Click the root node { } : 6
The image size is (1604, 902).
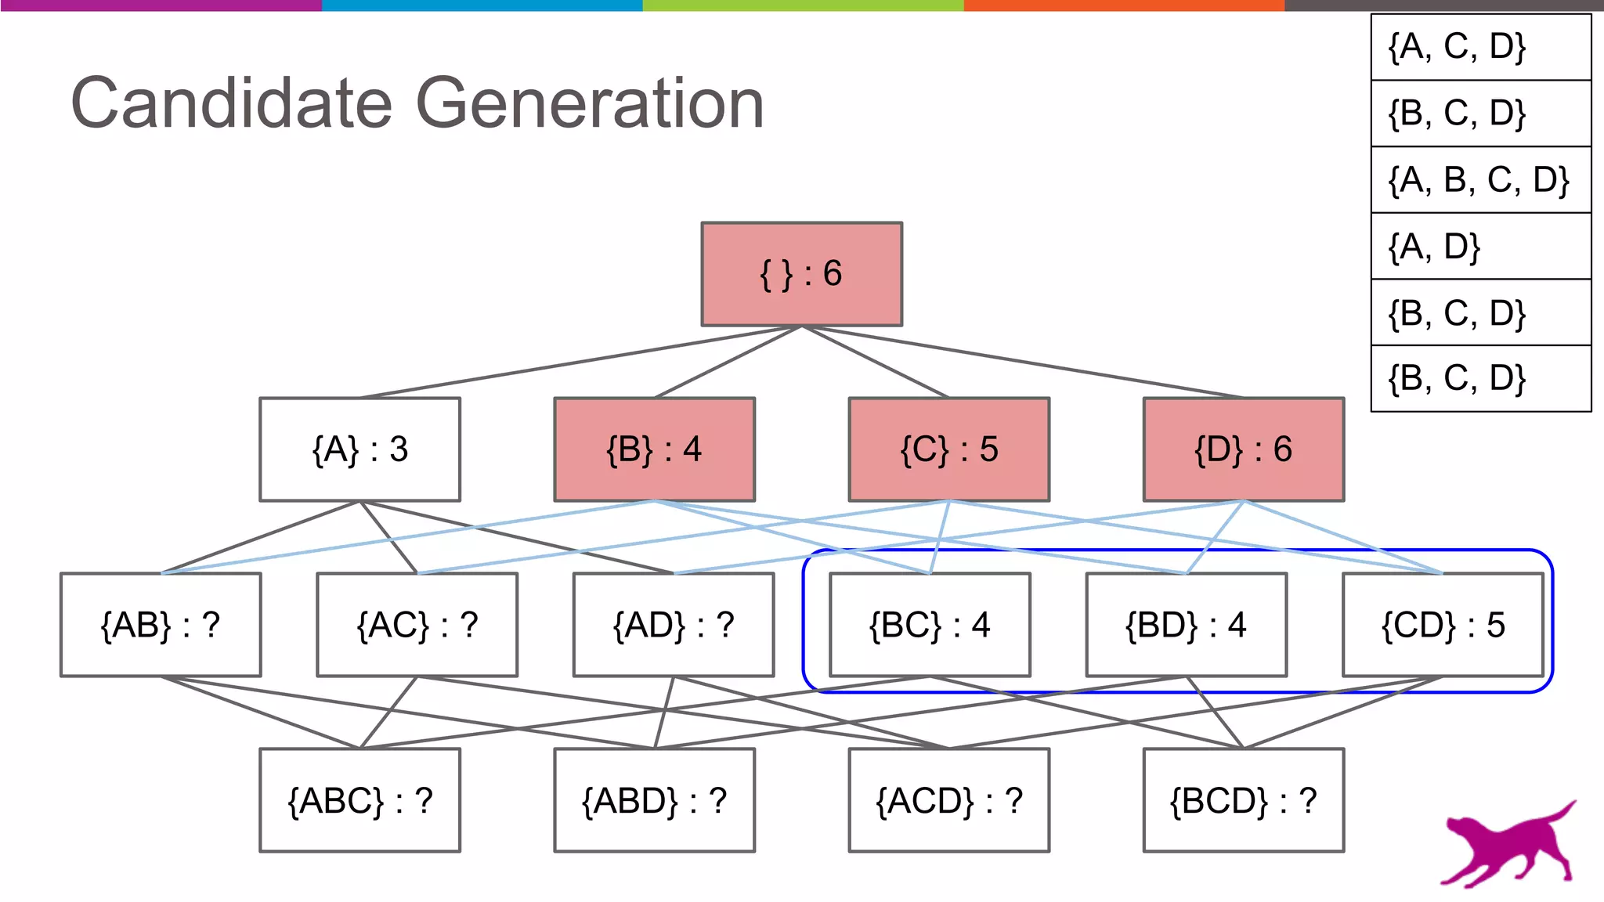(x=801, y=274)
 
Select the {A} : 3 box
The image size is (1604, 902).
(x=359, y=449)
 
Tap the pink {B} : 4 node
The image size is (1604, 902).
(x=654, y=449)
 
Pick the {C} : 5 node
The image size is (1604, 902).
(x=948, y=449)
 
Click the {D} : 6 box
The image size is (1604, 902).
(x=1243, y=449)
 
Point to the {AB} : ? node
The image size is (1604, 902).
(x=161, y=625)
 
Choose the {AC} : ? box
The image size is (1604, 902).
(x=417, y=625)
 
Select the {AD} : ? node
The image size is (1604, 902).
(x=674, y=625)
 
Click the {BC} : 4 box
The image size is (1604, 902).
(x=930, y=625)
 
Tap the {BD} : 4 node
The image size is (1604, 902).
(x=1186, y=625)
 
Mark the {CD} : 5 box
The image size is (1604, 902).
(x=1443, y=625)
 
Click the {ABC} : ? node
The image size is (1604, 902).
(x=359, y=800)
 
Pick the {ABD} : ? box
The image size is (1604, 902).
(x=654, y=800)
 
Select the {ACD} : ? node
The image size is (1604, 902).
(x=948, y=800)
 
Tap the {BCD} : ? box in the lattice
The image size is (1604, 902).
(x=1243, y=800)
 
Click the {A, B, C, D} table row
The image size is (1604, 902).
(x=1480, y=179)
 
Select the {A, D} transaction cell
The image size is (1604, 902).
(x=1480, y=246)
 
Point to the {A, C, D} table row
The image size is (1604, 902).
(x=1480, y=47)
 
